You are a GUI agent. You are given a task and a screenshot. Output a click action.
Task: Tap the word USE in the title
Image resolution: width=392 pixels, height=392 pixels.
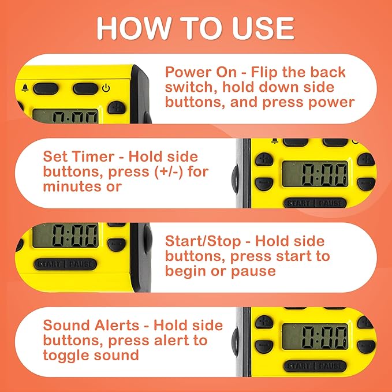point(260,28)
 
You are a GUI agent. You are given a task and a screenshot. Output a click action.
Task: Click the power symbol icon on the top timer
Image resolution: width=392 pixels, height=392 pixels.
point(106,89)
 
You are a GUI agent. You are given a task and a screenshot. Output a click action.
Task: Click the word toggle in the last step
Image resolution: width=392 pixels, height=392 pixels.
point(68,354)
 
